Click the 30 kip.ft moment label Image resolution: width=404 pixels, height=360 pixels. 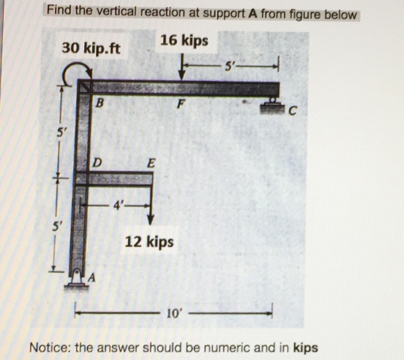(x=91, y=47)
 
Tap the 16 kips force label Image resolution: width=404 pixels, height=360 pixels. (x=184, y=40)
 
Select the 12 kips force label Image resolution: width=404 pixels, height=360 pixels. (x=149, y=241)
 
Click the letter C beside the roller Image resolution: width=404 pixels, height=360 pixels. (x=292, y=111)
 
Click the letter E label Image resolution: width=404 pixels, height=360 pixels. (x=151, y=164)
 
